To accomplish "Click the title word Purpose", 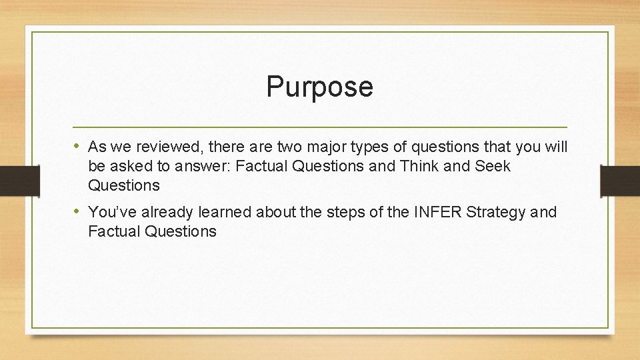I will click(x=319, y=87).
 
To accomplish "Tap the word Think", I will click(x=419, y=166).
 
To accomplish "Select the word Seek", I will click(x=493, y=166).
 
